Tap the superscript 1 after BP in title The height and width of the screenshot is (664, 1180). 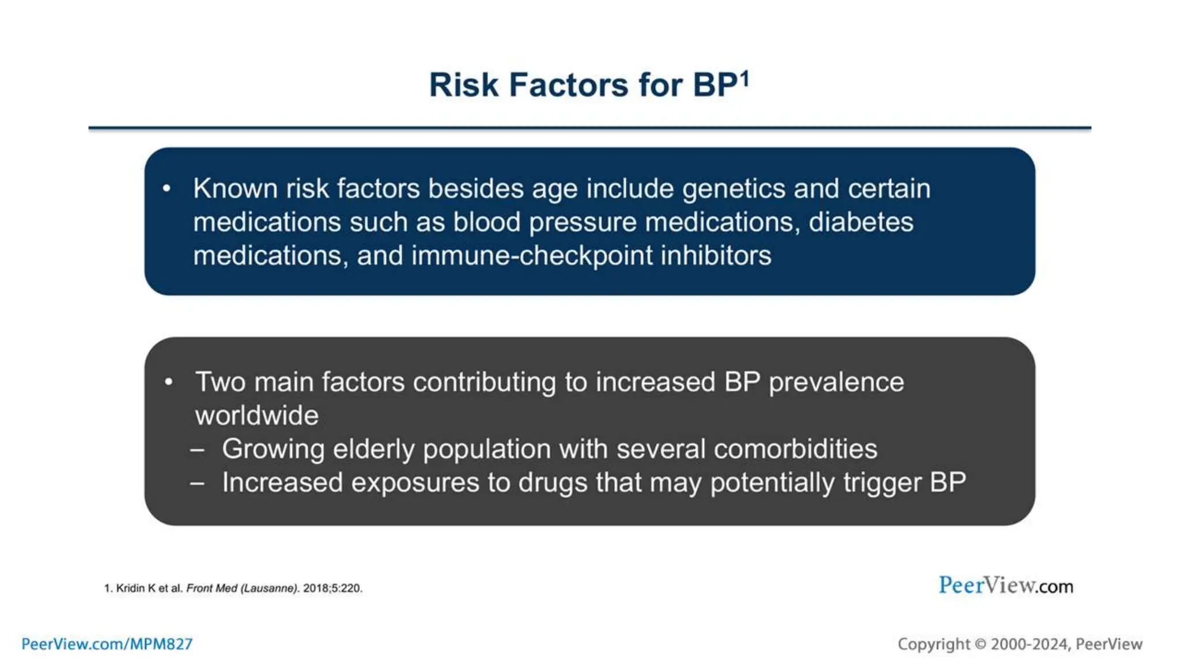click(x=744, y=78)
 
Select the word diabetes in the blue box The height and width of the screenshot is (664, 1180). click(x=861, y=222)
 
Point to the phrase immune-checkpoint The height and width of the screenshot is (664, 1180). click(x=531, y=256)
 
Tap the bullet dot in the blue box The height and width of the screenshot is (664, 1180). click(x=167, y=188)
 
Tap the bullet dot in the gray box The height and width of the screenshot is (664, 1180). click(x=169, y=382)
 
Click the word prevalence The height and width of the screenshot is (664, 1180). click(x=836, y=383)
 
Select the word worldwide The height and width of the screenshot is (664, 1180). click(x=256, y=416)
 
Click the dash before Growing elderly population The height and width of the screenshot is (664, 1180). click(x=198, y=450)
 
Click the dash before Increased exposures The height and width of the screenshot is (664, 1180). click(x=198, y=483)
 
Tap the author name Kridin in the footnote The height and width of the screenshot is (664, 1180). click(x=131, y=588)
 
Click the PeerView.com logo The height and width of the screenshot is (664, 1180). click(x=1005, y=586)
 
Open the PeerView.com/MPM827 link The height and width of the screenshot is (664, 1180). click(x=107, y=644)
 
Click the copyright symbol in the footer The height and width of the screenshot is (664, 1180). click(x=980, y=644)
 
